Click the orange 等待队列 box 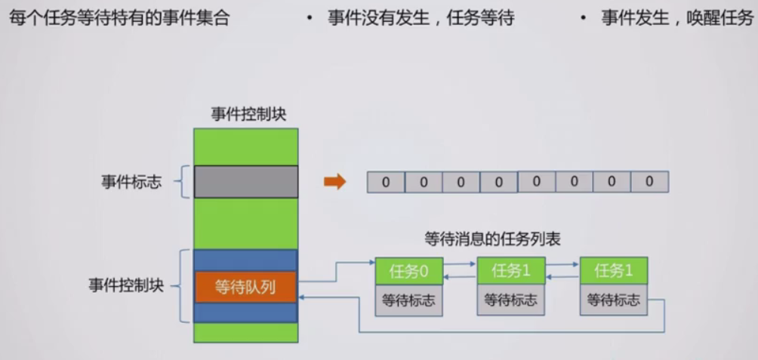click(245, 287)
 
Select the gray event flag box click(245, 182)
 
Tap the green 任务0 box click(409, 271)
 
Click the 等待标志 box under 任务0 click(409, 300)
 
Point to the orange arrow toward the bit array click(334, 182)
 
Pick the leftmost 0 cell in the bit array click(386, 182)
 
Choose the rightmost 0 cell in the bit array click(649, 182)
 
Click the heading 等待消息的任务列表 click(492, 239)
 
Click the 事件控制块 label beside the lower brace click(126, 286)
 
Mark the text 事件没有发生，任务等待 click(421, 19)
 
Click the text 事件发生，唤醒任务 click(676, 19)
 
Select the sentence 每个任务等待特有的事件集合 click(119, 19)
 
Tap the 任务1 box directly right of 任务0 click(511, 271)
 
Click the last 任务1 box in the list click(614, 271)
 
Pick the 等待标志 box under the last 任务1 click(614, 300)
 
